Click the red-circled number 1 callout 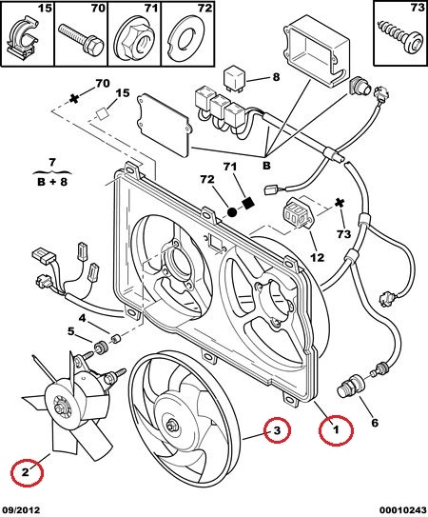click(336, 430)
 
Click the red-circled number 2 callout click(27, 472)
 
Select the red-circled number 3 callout click(277, 430)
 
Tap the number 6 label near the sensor click(375, 423)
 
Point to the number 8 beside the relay click(276, 77)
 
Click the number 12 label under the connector click(317, 257)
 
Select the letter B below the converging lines click(266, 165)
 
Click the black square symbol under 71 click(249, 203)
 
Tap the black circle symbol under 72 click(232, 212)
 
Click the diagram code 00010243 click(402, 510)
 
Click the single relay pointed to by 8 click(236, 78)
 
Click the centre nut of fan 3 click(172, 426)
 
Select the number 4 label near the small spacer click(82, 318)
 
